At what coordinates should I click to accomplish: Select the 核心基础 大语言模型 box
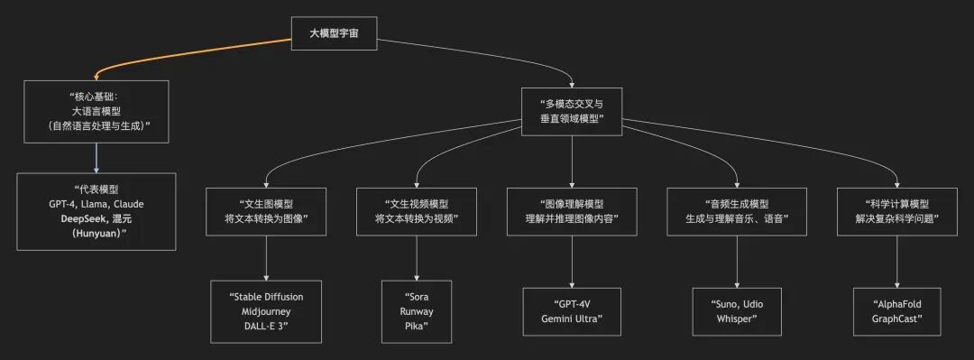tap(96, 113)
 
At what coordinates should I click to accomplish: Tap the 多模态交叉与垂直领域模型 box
tap(572, 111)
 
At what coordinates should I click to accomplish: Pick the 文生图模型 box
tap(266, 211)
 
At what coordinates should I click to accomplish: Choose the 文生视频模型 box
tap(417, 211)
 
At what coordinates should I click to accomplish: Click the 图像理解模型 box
tap(571, 211)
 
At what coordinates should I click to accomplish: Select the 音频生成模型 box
tap(738, 211)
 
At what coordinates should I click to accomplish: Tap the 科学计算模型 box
tap(896, 211)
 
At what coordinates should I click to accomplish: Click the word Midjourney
tap(266, 311)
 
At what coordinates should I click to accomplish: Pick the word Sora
tap(416, 297)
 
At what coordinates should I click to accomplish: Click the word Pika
tap(416, 326)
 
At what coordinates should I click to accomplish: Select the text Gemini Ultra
tap(571, 318)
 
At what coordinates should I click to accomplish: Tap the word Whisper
tap(738, 318)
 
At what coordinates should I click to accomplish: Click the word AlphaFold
tap(896, 304)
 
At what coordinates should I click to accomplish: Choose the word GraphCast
tap(896, 318)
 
